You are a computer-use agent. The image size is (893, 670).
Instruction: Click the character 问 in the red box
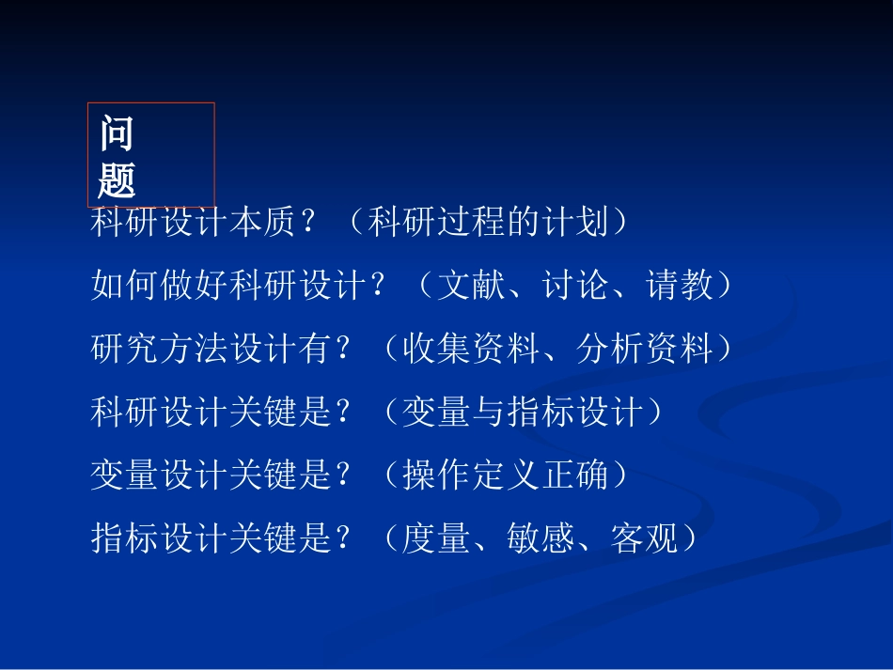pos(117,135)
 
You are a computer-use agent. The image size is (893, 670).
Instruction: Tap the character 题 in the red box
pos(117,179)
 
